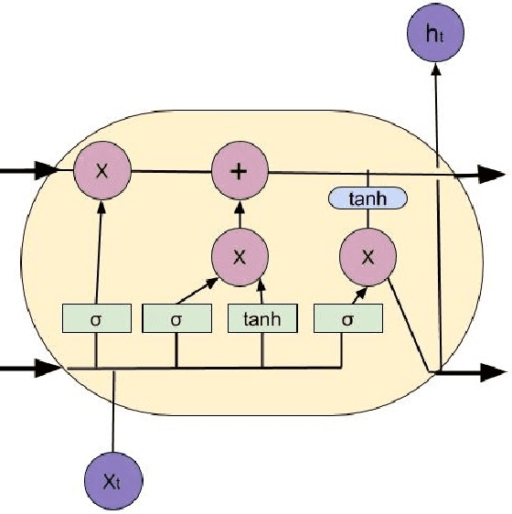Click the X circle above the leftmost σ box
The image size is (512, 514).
pos(103,170)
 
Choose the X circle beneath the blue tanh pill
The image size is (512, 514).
pos(368,255)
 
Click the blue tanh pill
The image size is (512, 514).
pos(368,198)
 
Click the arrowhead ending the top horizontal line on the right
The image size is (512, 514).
pos(494,173)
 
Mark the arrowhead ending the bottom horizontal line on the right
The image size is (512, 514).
pos(494,372)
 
